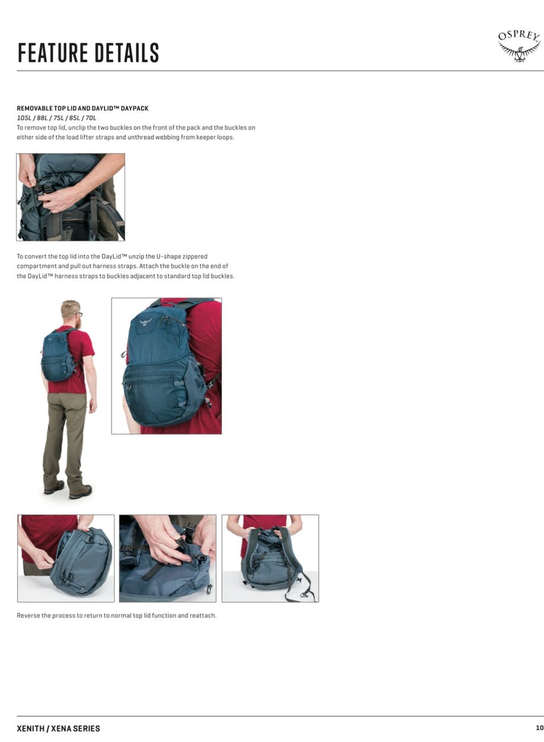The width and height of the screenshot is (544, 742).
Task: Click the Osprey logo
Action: [x=519, y=47]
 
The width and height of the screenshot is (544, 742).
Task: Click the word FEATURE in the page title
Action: [x=53, y=53]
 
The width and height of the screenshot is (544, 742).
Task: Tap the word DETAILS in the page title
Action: [x=127, y=53]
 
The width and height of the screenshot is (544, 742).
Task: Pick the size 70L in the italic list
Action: [x=91, y=118]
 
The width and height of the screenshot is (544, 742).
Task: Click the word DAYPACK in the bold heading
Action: [x=134, y=108]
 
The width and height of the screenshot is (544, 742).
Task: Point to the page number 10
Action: [x=539, y=728]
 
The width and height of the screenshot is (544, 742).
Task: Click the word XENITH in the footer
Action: [x=31, y=728]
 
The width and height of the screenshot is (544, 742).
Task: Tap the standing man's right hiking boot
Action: [x=80, y=492]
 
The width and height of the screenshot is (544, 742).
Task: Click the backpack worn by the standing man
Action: [x=58, y=356]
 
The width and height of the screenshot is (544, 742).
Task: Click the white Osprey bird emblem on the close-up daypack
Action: [x=146, y=322]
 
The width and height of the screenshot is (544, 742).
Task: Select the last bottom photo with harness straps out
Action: [x=270, y=558]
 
